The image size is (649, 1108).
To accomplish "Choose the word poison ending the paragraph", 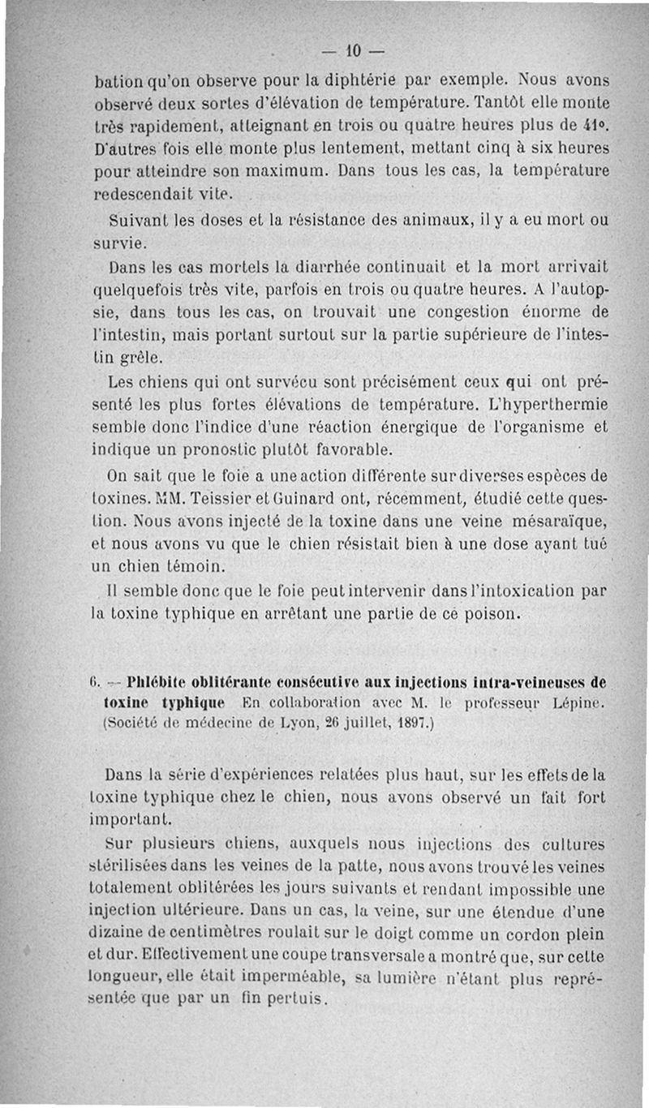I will pos(486,615).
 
